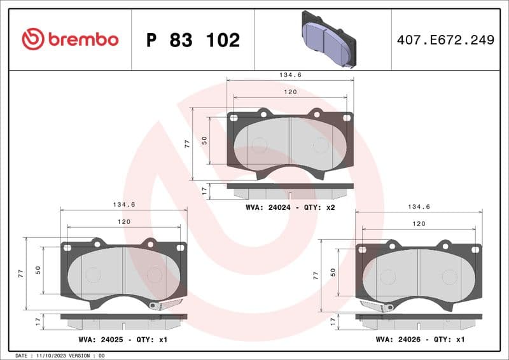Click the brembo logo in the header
tap(70, 39)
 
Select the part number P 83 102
tap(193, 40)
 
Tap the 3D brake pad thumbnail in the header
tap(328, 39)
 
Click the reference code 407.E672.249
tap(445, 40)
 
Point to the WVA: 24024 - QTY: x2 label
tap(290, 207)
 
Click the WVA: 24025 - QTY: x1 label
tap(123, 339)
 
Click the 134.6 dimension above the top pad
tap(290, 74)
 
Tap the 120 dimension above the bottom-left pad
tap(123, 221)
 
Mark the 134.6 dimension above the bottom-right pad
tap(419, 207)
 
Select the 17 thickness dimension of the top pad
tap(204, 190)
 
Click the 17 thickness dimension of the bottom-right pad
tap(333, 322)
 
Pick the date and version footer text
tap(59, 355)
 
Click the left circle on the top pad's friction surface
tap(258, 145)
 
